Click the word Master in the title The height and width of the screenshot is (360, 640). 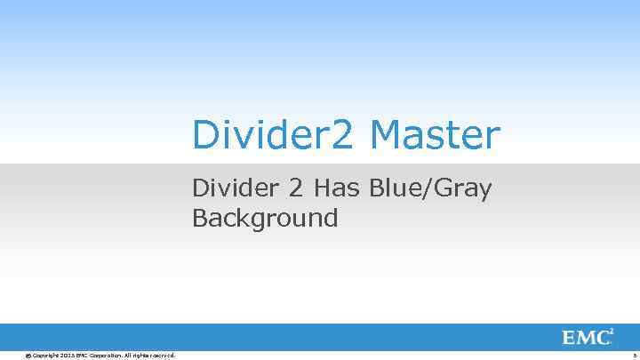pyautogui.click(x=435, y=136)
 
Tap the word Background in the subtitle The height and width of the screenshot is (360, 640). pyautogui.click(x=265, y=218)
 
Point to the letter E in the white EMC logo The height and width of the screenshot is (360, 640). pyautogui.click(x=570, y=338)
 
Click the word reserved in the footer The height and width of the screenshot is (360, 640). pyautogui.click(x=161, y=356)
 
